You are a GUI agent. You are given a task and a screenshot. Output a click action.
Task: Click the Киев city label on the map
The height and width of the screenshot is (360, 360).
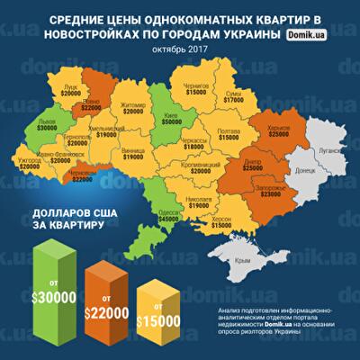170,117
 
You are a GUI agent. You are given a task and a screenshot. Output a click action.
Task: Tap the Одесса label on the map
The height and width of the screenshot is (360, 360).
168,210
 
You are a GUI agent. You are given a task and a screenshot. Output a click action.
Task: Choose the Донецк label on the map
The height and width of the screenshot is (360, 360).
303,169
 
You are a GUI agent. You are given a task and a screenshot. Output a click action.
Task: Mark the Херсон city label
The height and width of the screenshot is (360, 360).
220,218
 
